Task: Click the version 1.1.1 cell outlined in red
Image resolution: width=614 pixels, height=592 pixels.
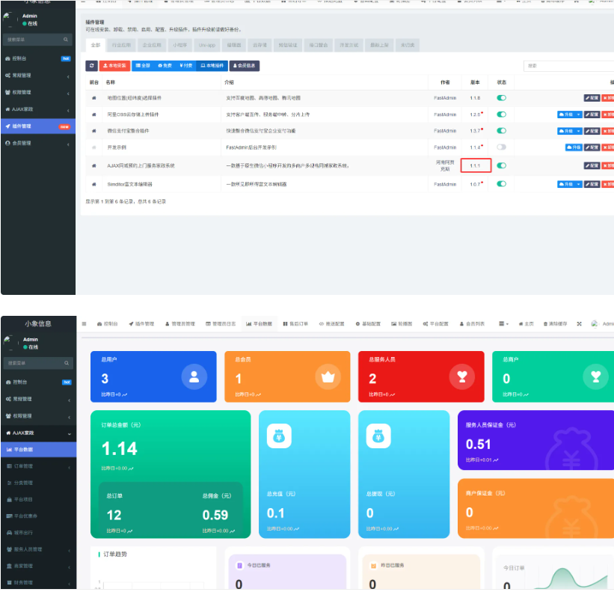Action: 476,165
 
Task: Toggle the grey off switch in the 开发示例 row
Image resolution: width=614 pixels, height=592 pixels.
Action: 501,147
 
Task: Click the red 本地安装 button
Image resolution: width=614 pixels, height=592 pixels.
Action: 114,66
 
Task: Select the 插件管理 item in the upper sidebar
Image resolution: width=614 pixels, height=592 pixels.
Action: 22,126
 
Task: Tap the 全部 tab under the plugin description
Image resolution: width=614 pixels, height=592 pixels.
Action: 96,45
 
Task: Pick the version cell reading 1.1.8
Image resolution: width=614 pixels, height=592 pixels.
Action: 475,98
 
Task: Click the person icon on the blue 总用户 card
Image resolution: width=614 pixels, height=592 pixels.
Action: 194,376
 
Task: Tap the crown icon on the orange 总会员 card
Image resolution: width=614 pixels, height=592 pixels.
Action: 327,376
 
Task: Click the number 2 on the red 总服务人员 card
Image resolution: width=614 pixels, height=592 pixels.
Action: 372,379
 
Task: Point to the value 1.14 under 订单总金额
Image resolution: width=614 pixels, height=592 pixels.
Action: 120,448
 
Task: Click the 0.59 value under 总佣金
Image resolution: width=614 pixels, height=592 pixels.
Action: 215,515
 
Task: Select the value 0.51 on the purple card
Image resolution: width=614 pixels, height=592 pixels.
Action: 479,445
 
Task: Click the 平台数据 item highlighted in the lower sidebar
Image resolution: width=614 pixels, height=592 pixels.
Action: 24,450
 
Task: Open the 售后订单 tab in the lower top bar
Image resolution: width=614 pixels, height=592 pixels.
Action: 296,323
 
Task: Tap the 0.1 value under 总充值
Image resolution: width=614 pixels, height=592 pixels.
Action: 275,513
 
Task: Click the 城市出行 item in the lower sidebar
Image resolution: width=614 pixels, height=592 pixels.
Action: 25,532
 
